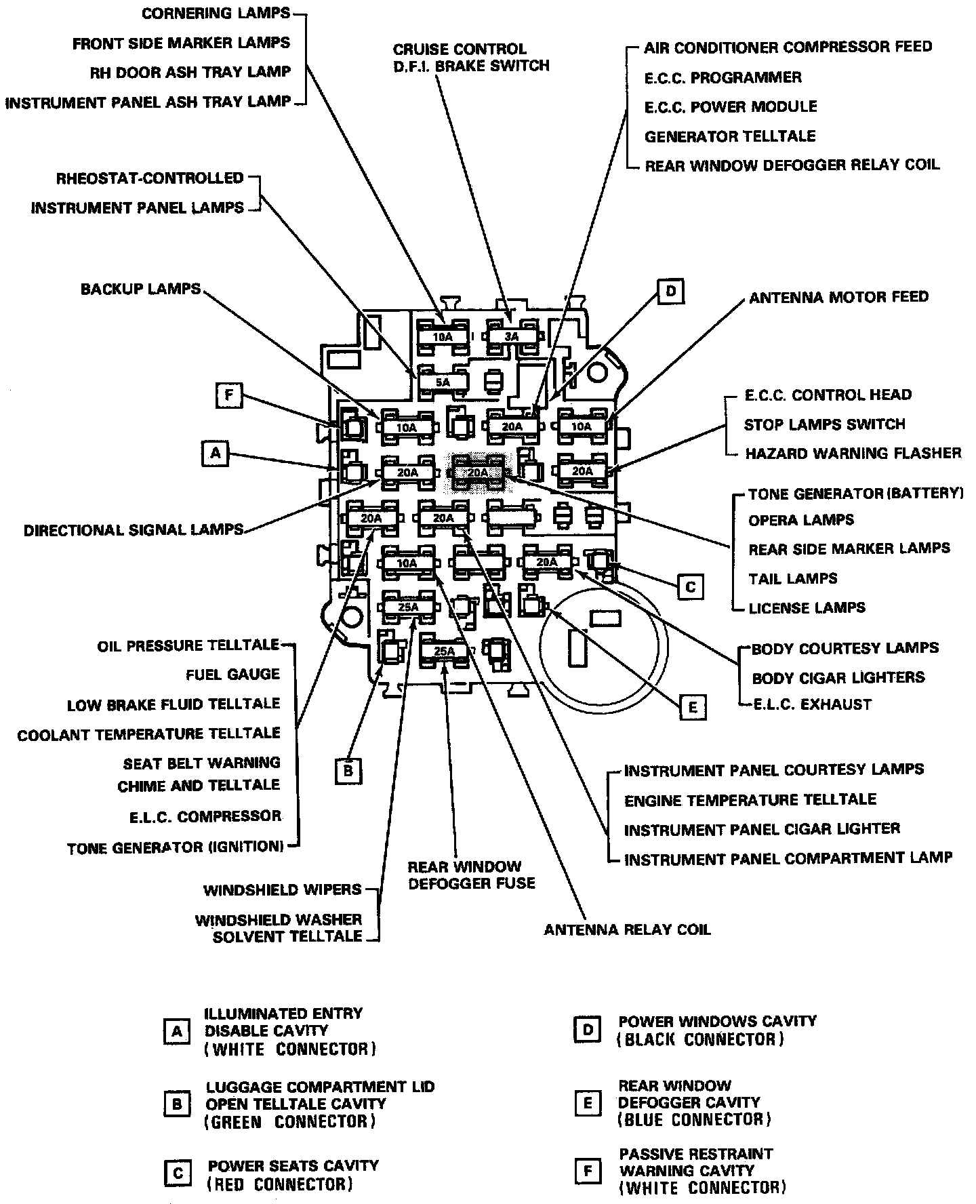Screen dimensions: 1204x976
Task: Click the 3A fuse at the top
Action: [511, 336]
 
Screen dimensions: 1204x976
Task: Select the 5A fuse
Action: [443, 382]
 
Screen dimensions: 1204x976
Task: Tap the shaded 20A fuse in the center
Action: [478, 472]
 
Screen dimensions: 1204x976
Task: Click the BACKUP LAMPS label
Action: [141, 289]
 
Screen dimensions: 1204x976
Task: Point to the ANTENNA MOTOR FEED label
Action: [838, 297]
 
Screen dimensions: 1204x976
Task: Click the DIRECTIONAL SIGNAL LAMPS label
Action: [134, 530]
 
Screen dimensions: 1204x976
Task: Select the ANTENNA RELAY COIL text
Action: [628, 929]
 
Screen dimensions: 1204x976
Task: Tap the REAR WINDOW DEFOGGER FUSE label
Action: [471, 875]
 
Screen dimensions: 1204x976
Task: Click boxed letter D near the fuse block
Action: [670, 292]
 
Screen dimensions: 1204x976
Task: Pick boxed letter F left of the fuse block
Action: [229, 395]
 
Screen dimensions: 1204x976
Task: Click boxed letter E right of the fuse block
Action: [692, 708]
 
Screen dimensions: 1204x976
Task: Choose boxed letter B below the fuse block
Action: [348, 771]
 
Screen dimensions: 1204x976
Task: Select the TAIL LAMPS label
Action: [793, 578]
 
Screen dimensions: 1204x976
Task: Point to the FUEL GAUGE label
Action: [232, 675]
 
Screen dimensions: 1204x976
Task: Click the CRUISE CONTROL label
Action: [460, 49]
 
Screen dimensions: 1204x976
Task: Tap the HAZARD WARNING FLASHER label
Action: [853, 453]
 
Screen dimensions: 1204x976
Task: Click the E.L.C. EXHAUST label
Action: [812, 704]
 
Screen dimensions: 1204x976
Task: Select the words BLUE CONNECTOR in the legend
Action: [694, 1119]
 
